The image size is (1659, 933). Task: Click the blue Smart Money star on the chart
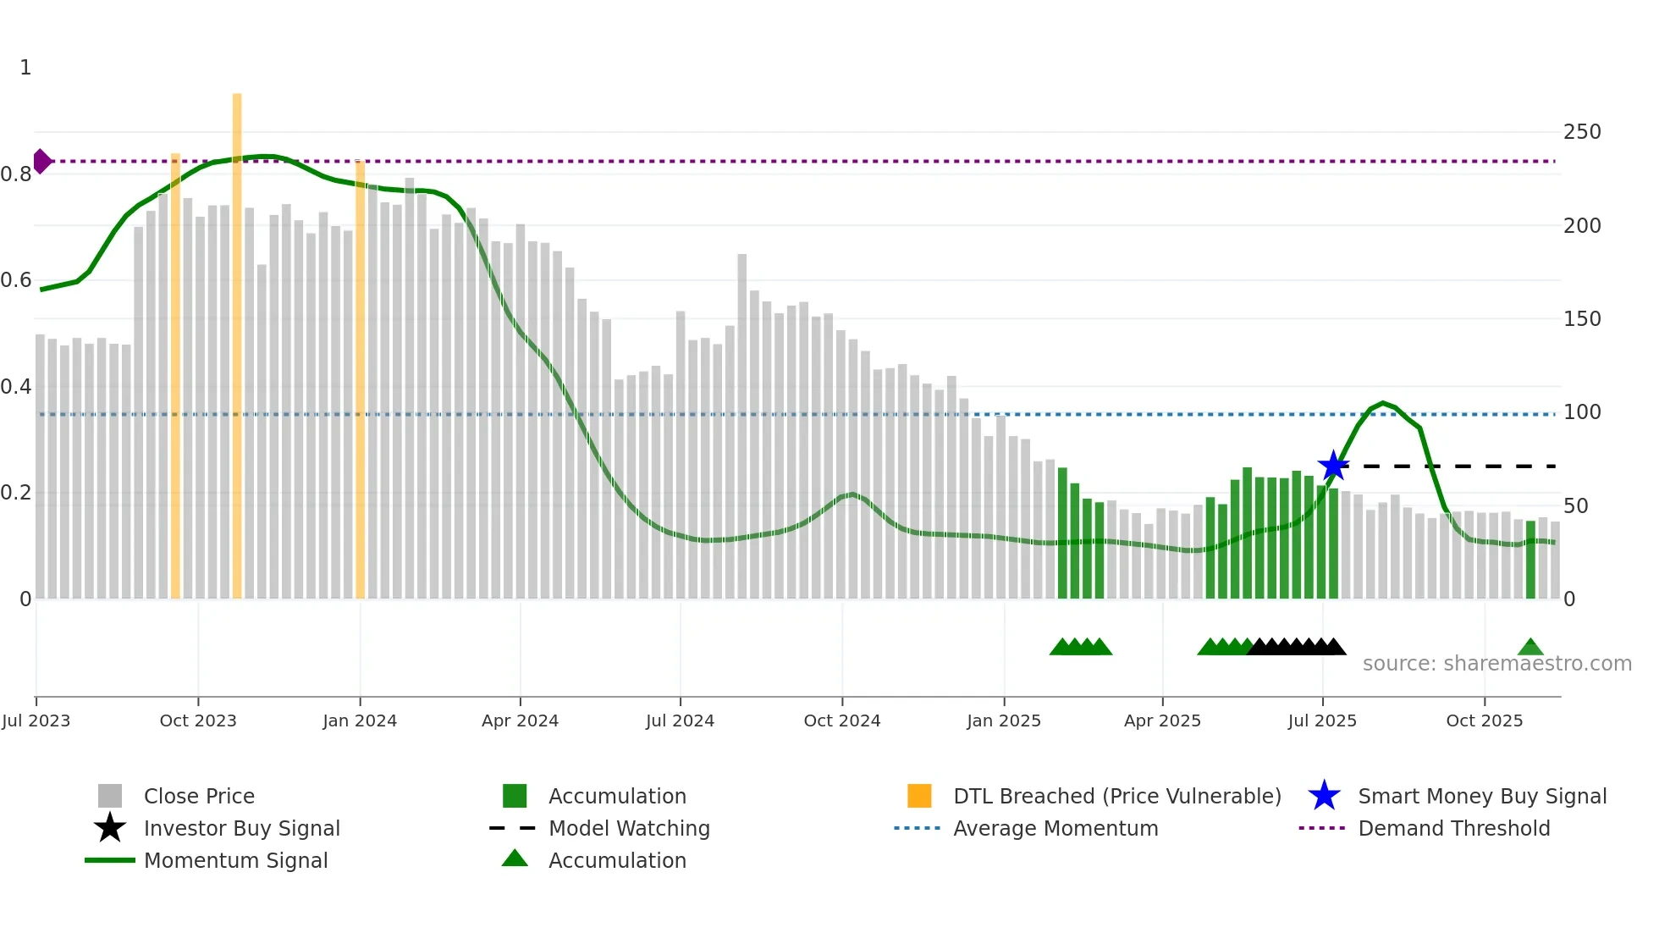(1333, 466)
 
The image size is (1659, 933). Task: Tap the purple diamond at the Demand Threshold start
(41, 161)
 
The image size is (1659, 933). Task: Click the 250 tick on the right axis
(1582, 132)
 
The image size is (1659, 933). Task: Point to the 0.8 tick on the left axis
(16, 174)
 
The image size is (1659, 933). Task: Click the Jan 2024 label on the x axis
(360, 720)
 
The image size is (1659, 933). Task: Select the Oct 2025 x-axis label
(1484, 720)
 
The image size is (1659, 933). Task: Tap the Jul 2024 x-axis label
(680, 720)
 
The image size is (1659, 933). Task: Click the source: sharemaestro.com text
(1496, 664)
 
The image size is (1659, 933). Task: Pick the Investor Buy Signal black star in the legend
(110, 828)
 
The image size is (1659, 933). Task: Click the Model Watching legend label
(629, 828)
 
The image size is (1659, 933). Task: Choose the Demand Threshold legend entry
(1453, 828)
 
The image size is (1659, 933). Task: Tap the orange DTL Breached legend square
(919, 796)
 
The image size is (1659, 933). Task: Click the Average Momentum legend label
(1055, 828)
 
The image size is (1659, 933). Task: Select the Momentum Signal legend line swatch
(110, 860)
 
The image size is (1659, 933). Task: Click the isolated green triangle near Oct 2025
(1530, 648)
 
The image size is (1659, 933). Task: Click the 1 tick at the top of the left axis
(25, 68)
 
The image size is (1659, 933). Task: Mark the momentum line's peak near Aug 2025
(1383, 403)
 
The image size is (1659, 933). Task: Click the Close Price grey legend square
(110, 796)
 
